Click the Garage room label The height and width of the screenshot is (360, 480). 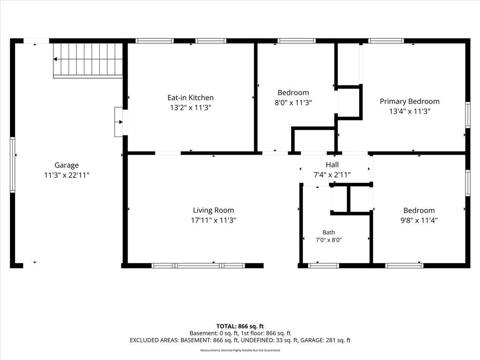(x=67, y=165)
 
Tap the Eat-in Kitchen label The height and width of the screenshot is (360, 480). (x=190, y=97)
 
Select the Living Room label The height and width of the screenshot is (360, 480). (x=213, y=210)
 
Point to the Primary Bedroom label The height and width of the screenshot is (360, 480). (x=410, y=102)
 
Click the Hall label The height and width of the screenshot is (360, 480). (x=332, y=165)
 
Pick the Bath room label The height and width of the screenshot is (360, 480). (x=329, y=232)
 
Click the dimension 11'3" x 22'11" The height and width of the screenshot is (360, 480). (x=67, y=175)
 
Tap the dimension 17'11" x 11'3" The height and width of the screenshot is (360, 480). (x=213, y=220)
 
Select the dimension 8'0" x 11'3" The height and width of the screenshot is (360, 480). (x=293, y=103)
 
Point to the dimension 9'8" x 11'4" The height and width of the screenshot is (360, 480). (x=419, y=220)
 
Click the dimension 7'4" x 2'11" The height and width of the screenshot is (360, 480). (x=332, y=175)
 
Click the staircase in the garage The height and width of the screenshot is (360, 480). (x=88, y=60)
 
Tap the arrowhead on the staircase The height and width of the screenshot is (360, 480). (x=55, y=59)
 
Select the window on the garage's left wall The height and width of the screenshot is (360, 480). (x=13, y=165)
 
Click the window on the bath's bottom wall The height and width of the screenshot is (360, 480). (x=323, y=265)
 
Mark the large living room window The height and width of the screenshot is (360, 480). (x=198, y=265)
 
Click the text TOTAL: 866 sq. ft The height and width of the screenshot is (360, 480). (x=240, y=326)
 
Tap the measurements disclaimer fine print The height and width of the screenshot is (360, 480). (x=240, y=350)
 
